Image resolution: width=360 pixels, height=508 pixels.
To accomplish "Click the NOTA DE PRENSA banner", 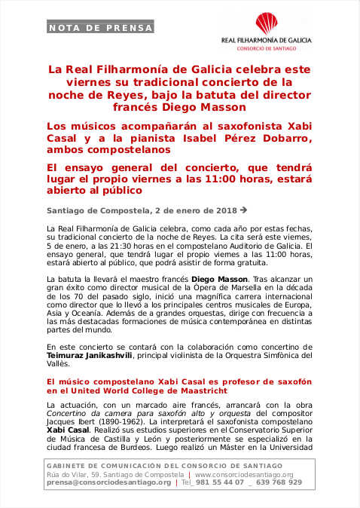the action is coord(100,28).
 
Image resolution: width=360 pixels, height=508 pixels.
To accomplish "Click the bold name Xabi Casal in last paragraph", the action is coord(63,438).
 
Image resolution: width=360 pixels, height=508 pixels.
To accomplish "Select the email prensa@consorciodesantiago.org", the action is coord(109,482).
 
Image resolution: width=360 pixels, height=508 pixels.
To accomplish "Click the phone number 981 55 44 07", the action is coord(219,482).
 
